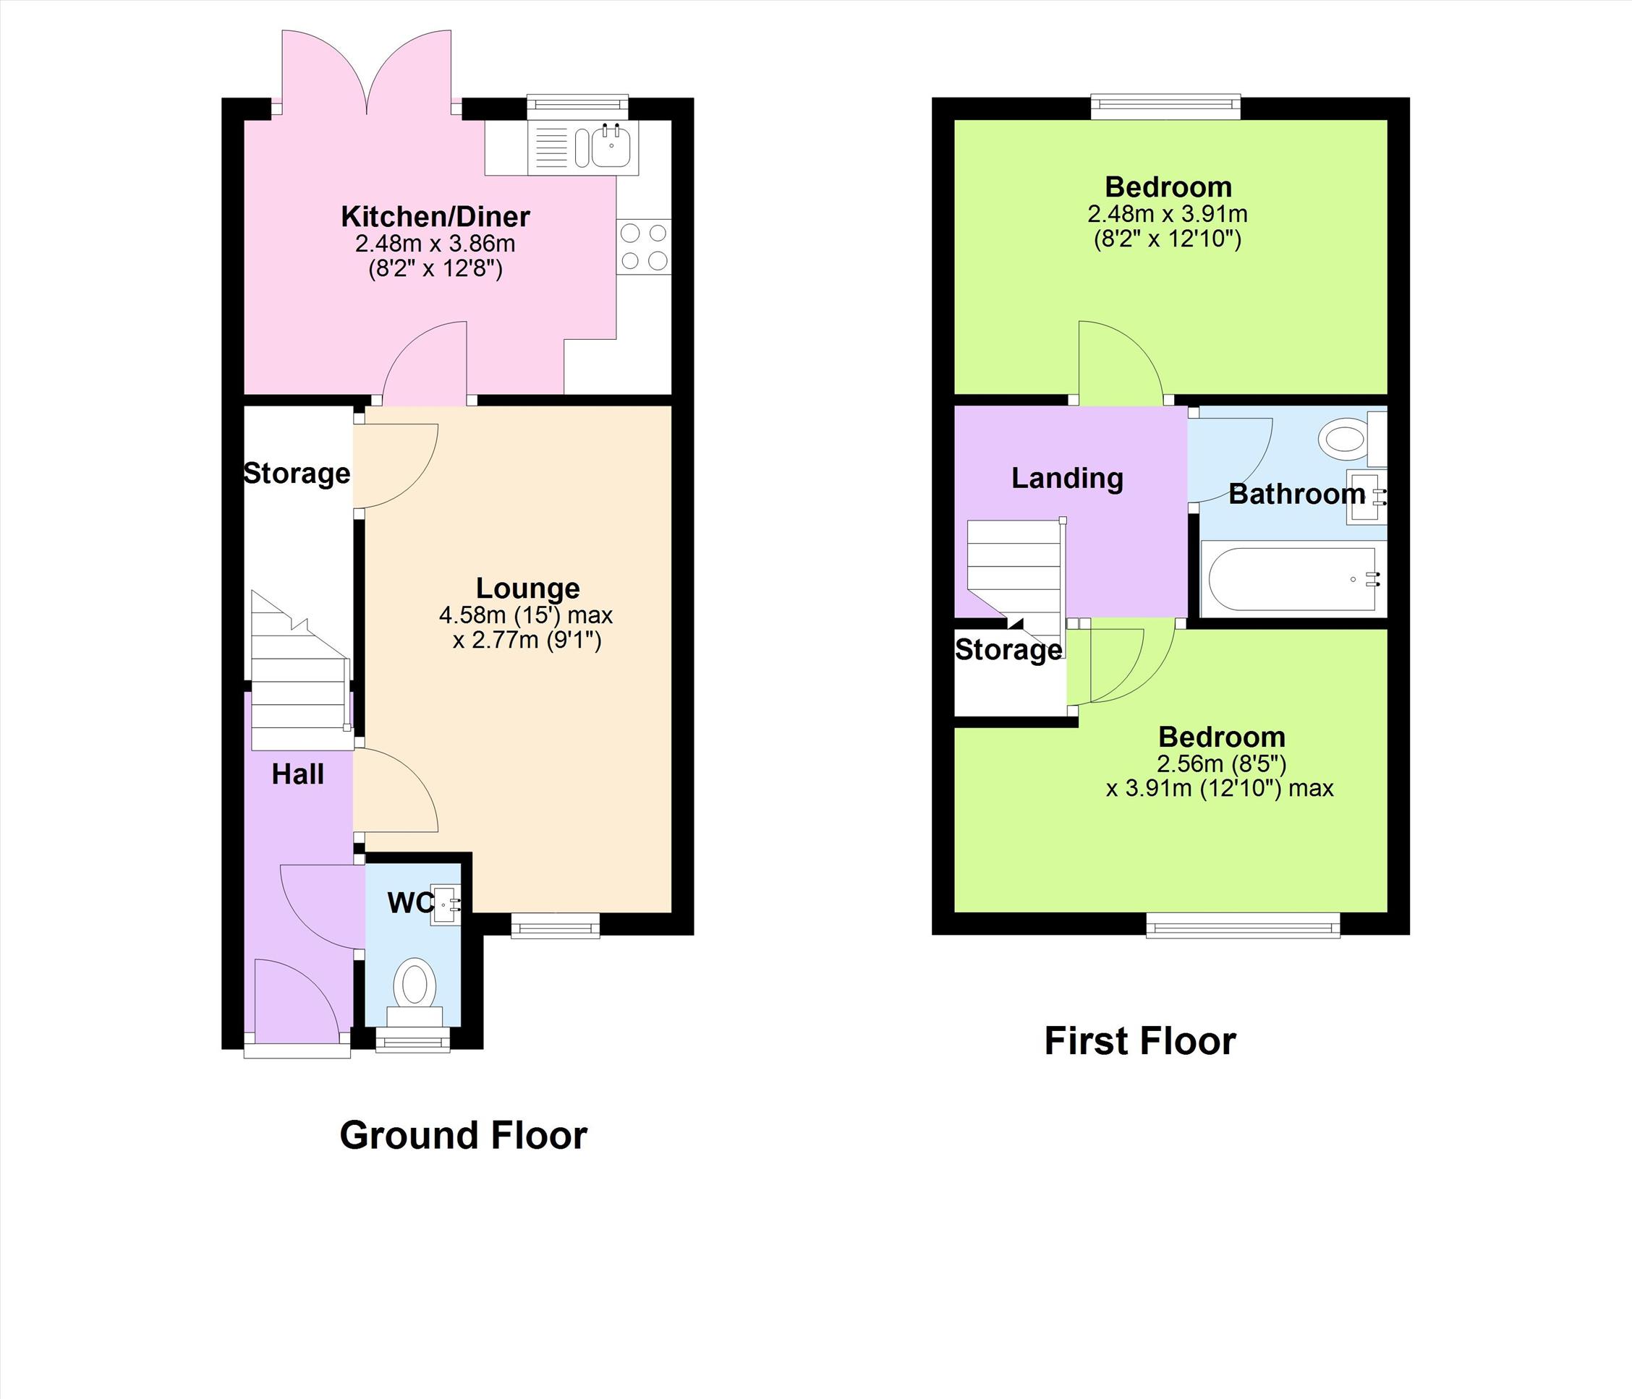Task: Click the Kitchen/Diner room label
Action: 435,215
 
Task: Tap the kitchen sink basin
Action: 611,147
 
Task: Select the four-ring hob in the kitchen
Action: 644,247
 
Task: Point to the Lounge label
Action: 527,588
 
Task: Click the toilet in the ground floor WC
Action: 415,991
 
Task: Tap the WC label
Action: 409,903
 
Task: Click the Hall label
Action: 298,774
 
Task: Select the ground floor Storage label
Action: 297,473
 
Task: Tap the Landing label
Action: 1067,478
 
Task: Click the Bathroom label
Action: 1296,494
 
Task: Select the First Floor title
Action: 1139,1041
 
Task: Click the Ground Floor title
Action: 463,1135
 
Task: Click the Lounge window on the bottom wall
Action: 556,925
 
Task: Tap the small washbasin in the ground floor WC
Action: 446,905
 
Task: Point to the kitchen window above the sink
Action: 578,107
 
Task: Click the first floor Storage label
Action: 1008,649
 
